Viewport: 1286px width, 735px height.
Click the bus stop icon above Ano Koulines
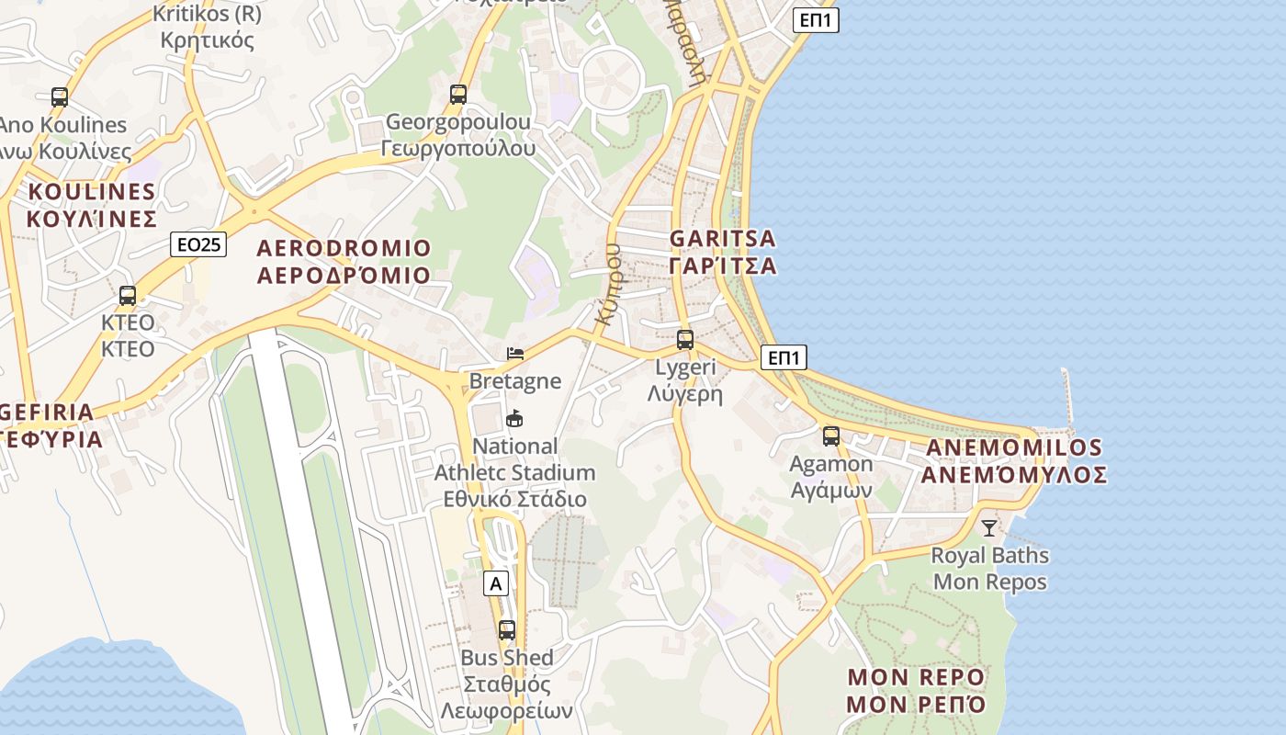point(60,96)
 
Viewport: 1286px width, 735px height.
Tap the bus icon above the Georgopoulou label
point(457,94)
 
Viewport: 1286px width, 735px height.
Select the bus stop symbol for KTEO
point(128,296)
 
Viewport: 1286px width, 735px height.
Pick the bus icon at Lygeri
point(685,340)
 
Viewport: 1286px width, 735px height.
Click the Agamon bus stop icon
point(831,436)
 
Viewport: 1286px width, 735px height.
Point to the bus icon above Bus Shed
point(506,630)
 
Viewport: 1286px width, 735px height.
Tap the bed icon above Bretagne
point(515,354)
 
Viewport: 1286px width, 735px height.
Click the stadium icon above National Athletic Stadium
point(515,419)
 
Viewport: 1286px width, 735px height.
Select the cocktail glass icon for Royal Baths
point(988,528)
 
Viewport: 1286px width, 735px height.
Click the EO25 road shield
point(198,244)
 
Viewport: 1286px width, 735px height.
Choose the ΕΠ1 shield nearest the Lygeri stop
point(784,357)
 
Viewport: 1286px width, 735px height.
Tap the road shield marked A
point(496,583)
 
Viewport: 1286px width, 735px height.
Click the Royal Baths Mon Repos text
point(989,569)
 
